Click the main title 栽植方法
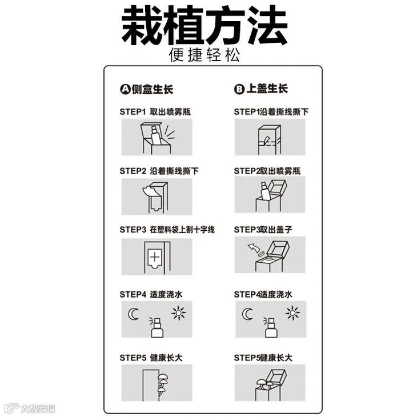(205, 26)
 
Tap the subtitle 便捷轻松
(205, 55)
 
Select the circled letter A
(125, 89)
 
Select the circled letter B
(239, 89)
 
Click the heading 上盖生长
(267, 89)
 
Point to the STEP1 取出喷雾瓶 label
(155, 112)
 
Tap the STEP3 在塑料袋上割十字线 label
(167, 230)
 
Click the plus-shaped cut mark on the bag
(154, 257)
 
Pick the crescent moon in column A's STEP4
(133, 314)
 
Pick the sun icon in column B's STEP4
(292, 313)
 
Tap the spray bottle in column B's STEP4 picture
(271, 327)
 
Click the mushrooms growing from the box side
(162, 383)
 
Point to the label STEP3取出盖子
(263, 230)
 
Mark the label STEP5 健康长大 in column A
(151, 358)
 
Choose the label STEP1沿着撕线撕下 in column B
(271, 112)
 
